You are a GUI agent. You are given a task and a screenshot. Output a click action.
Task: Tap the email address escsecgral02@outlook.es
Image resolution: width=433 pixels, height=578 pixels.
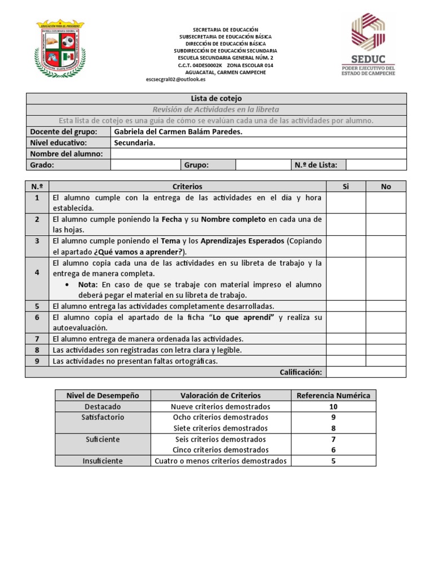[x=175, y=80]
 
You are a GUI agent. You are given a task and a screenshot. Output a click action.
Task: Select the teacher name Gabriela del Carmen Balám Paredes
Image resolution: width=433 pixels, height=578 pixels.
[x=178, y=132]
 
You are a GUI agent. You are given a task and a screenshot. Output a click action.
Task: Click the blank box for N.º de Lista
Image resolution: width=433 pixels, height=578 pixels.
[x=375, y=165]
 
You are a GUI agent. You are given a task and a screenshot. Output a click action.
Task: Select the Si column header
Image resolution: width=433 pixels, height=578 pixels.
[x=346, y=186]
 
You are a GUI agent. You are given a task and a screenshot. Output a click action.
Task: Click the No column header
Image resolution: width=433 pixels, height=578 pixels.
[x=386, y=186]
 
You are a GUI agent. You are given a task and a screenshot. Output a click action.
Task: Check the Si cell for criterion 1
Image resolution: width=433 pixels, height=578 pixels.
[x=346, y=203]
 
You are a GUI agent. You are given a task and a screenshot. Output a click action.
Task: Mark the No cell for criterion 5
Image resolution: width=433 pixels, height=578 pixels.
[x=386, y=306]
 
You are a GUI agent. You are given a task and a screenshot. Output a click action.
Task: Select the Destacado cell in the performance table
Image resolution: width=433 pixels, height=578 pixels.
[x=103, y=406]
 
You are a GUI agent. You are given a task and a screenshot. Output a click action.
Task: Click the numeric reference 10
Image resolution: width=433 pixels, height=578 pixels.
[x=333, y=406]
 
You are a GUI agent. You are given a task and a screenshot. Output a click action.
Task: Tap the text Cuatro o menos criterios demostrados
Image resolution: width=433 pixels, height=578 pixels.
[x=220, y=461]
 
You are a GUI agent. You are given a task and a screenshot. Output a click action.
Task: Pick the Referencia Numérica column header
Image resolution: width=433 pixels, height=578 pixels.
[x=333, y=395]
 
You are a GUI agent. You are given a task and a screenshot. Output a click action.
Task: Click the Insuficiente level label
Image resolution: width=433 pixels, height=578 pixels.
[x=103, y=461]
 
